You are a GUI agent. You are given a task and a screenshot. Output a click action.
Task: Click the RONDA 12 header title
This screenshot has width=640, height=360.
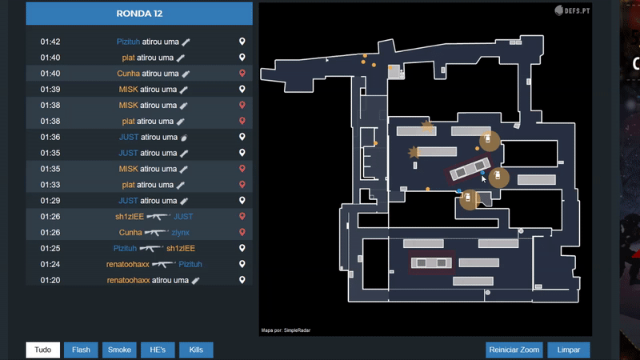coord(139,14)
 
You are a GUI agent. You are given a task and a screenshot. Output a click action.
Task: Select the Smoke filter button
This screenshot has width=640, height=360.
coord(119,350)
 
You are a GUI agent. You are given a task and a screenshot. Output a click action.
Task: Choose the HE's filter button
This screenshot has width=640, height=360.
coord(158,350)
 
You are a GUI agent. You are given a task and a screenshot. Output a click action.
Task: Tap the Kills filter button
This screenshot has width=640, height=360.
coord(196,350)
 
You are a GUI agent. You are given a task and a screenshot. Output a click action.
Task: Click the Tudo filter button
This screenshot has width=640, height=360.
coord(43,350)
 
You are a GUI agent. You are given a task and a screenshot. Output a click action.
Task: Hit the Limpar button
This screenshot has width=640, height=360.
coord(569,350)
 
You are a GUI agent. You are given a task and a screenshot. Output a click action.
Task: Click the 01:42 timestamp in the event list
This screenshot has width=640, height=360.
coord(50,42)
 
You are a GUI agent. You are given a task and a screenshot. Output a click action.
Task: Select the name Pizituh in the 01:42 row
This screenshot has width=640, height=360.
coord(128,42)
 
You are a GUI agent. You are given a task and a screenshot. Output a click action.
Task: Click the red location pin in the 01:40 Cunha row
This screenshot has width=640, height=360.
coord(242,73)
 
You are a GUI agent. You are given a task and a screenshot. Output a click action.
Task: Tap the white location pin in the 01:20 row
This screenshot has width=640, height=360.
coord(242,280)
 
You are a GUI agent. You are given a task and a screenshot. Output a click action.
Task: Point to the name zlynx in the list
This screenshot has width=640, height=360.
coord(181,232)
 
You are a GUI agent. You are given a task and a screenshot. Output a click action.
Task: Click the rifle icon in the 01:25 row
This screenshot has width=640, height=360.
coord(151,248)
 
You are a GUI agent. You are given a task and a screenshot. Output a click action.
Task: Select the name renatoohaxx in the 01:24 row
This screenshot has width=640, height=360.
coord(128,264)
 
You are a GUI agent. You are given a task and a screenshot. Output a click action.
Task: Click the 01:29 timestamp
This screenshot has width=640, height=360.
coord(50,201)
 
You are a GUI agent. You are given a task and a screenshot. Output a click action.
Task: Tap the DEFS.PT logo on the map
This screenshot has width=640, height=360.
coord(572,10)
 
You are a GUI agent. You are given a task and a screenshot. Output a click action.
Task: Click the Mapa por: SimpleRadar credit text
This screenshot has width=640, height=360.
coord(286,330)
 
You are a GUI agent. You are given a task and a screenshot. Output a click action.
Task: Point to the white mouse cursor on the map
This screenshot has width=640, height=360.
coord(484,178)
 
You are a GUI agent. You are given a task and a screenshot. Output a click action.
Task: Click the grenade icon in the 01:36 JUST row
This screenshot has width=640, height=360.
coord(184,138)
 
